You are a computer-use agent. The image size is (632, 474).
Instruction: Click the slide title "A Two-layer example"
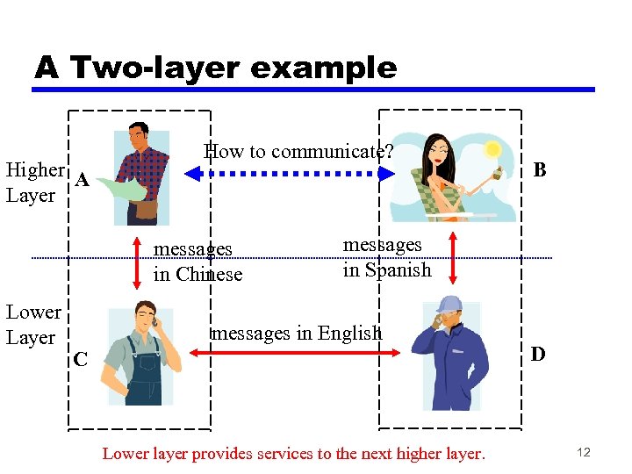pos(215,68)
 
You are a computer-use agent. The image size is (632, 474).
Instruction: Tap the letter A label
pos(82,181)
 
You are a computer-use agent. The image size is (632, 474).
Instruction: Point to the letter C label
pos(80,358)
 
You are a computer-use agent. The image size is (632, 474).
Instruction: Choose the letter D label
pos(538,354)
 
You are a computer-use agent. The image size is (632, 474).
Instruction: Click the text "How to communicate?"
pos(298,151)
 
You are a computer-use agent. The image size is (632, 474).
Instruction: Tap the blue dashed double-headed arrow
pos(291,174)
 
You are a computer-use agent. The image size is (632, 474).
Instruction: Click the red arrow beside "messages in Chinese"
pos(137,261)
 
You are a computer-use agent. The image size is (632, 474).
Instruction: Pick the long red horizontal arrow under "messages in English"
pos(296,352)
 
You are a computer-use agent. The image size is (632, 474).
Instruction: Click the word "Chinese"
pos(209,274)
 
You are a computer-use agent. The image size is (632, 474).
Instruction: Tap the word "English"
pos(350,333)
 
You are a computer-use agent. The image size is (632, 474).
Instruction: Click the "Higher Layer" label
pos(34,182)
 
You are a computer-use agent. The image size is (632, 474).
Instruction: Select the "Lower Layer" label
pos(33,324)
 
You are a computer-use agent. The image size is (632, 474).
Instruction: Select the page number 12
pos(584,452)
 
